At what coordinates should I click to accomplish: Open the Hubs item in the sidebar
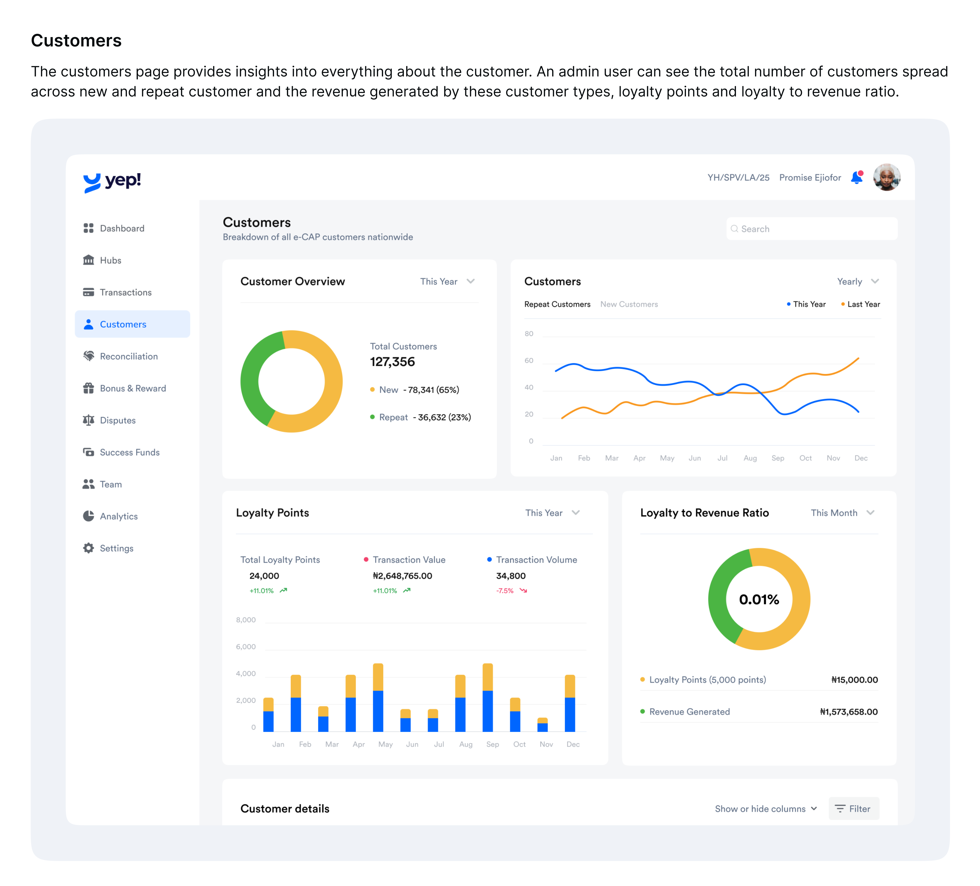(x=110, y=260)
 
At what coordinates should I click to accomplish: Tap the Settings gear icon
(x=89, y=548)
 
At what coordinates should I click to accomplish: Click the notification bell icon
(x=856, y=177)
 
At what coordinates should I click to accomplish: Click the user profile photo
(x=887, y=177)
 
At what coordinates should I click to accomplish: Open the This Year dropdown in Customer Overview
(x=447, y=282)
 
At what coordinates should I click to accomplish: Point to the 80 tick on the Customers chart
(x=529, y=334)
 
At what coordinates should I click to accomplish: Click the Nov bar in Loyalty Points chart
(x=542, y=725)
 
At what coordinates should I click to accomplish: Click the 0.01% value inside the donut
(x=759, y=599)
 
